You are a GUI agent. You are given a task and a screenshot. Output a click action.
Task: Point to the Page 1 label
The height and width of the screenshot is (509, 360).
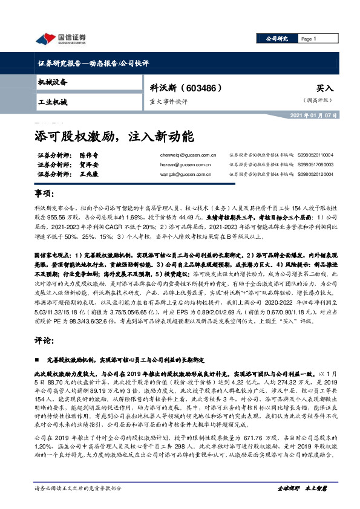pos(309,39)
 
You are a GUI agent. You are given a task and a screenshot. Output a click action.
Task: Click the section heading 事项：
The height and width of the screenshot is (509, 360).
pos(44,193)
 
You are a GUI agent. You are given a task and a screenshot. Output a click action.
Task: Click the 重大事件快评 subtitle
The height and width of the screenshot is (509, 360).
pos(169,101)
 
